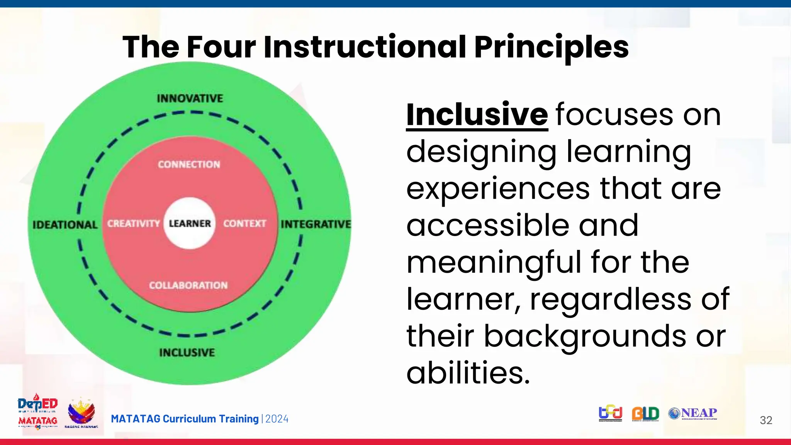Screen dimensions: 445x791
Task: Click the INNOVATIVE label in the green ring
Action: coord(190,99)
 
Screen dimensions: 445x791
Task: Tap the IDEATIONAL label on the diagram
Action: coord(65,225)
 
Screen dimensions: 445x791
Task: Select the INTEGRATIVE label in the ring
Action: coord(316,224)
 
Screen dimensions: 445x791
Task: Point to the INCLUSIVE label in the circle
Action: coord(187,352)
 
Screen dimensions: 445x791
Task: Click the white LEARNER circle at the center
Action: coord(189,223)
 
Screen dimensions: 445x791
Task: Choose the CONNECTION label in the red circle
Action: coord(189,165)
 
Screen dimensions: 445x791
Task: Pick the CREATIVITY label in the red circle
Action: coord(133,224)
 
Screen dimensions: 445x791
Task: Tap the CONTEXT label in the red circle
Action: coord(244,224)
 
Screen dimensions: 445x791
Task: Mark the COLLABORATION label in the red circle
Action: coord(188,285)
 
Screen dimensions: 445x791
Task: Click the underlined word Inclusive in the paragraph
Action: coord(477,114)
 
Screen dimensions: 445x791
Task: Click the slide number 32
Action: coord(766,420)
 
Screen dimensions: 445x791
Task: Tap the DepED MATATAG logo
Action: coord(38,411)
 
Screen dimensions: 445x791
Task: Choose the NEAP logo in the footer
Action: coord(693,414)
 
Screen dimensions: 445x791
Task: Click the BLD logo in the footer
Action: coord(645,414)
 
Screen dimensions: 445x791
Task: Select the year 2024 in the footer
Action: coord(277,419)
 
